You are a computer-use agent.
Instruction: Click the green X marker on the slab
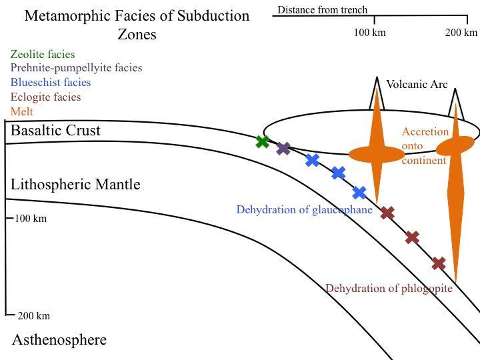coord(263,141)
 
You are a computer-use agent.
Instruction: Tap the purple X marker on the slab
coord(283,148)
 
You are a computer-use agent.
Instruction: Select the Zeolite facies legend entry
coord(43,54)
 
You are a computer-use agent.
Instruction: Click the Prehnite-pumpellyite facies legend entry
coord(76,67)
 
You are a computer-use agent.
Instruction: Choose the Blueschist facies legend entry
coord(51,82)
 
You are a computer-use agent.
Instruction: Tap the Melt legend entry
coord(21,111)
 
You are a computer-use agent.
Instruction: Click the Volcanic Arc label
coord(417,85)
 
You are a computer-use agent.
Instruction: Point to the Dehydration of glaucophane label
coord(304,209)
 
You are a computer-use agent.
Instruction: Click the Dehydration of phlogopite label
coord(389,288)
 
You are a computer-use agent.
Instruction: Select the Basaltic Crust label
coord(55,130)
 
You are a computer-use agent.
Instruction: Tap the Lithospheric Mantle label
coord(75,184)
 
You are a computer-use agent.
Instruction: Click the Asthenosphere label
coord(59,340)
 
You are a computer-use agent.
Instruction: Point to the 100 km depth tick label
coord(31,219)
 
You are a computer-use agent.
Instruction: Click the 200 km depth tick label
coord(33,316)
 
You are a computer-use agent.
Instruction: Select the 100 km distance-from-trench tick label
coord(369,33)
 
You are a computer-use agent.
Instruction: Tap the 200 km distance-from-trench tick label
coord(461,33)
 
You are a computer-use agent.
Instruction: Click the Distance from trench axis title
coord(322,10)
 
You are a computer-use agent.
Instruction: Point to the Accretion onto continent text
coord(425,146)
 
